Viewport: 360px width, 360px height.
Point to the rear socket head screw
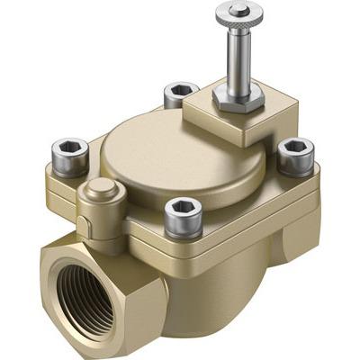[x=181, y=94]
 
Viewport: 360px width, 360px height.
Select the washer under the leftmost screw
[x=70, y=166]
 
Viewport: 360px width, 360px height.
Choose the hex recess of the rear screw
[x=181, y=88]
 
